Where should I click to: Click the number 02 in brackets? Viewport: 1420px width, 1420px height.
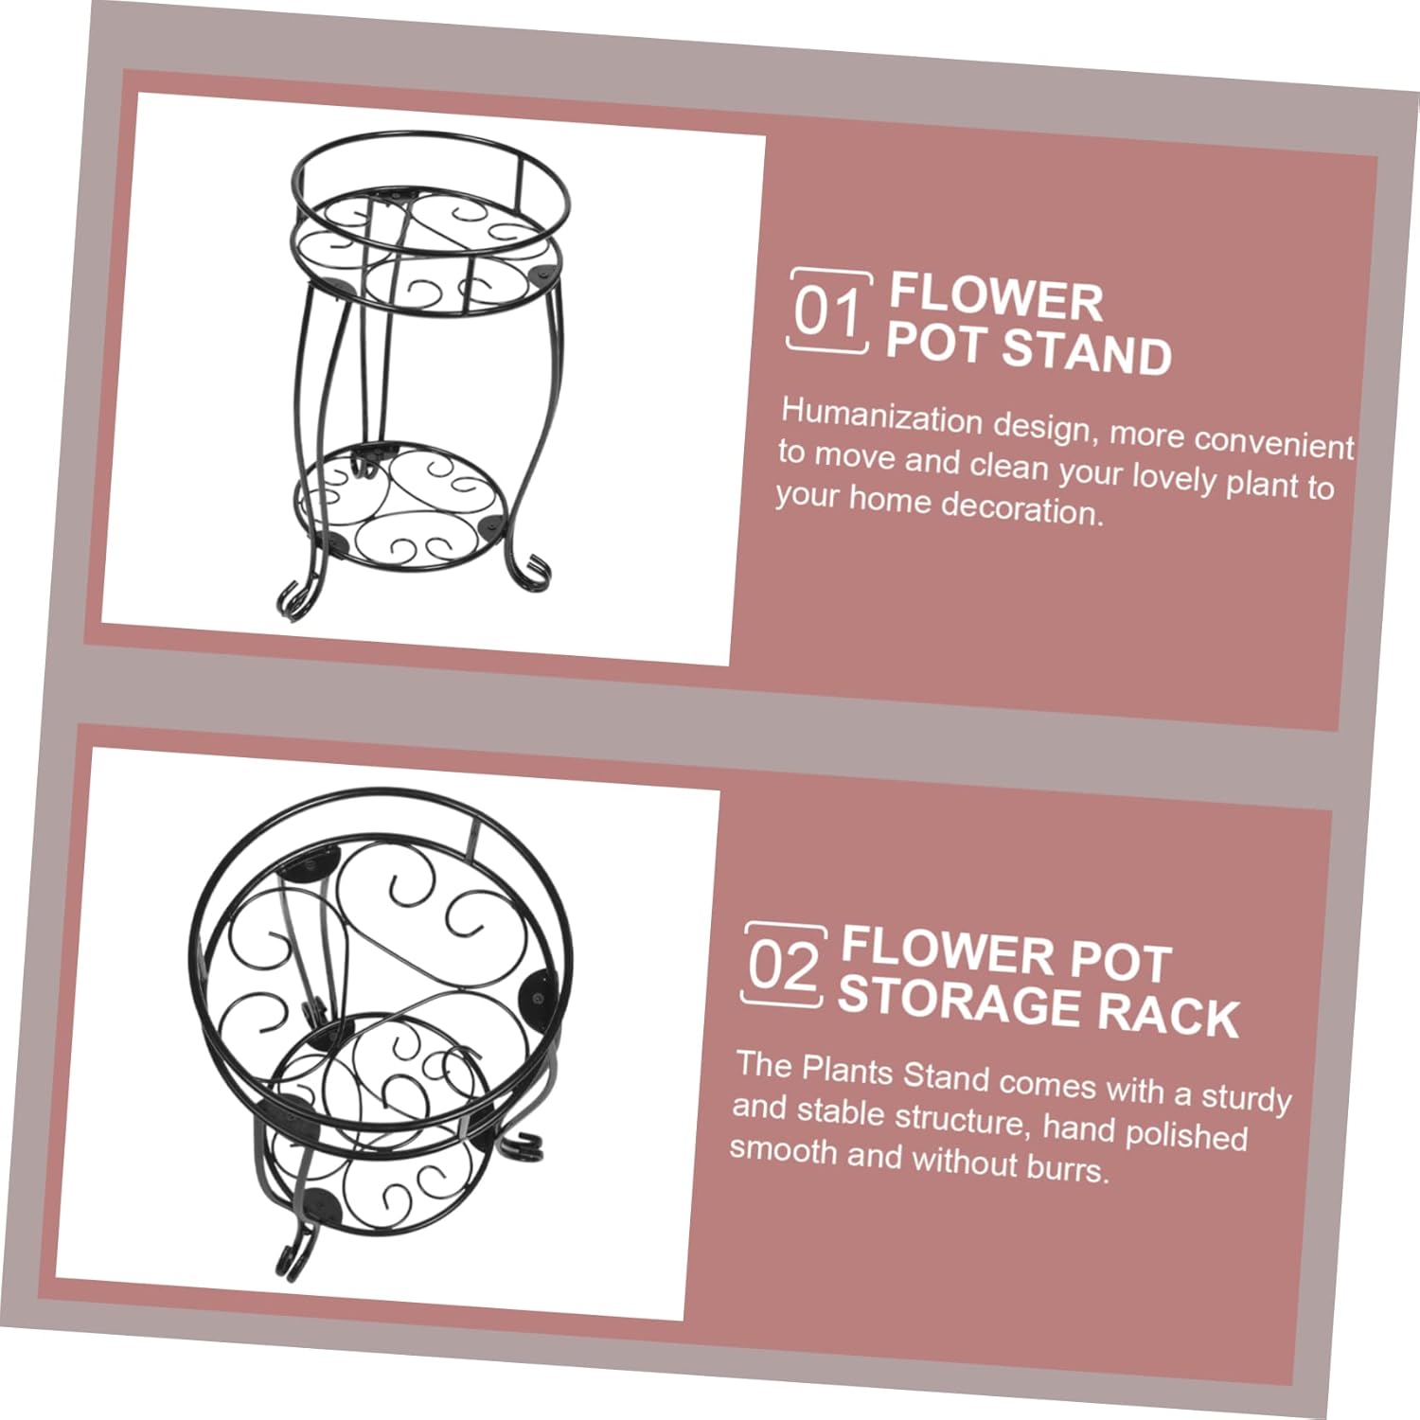pyautogui.click(x=783, y=966)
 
